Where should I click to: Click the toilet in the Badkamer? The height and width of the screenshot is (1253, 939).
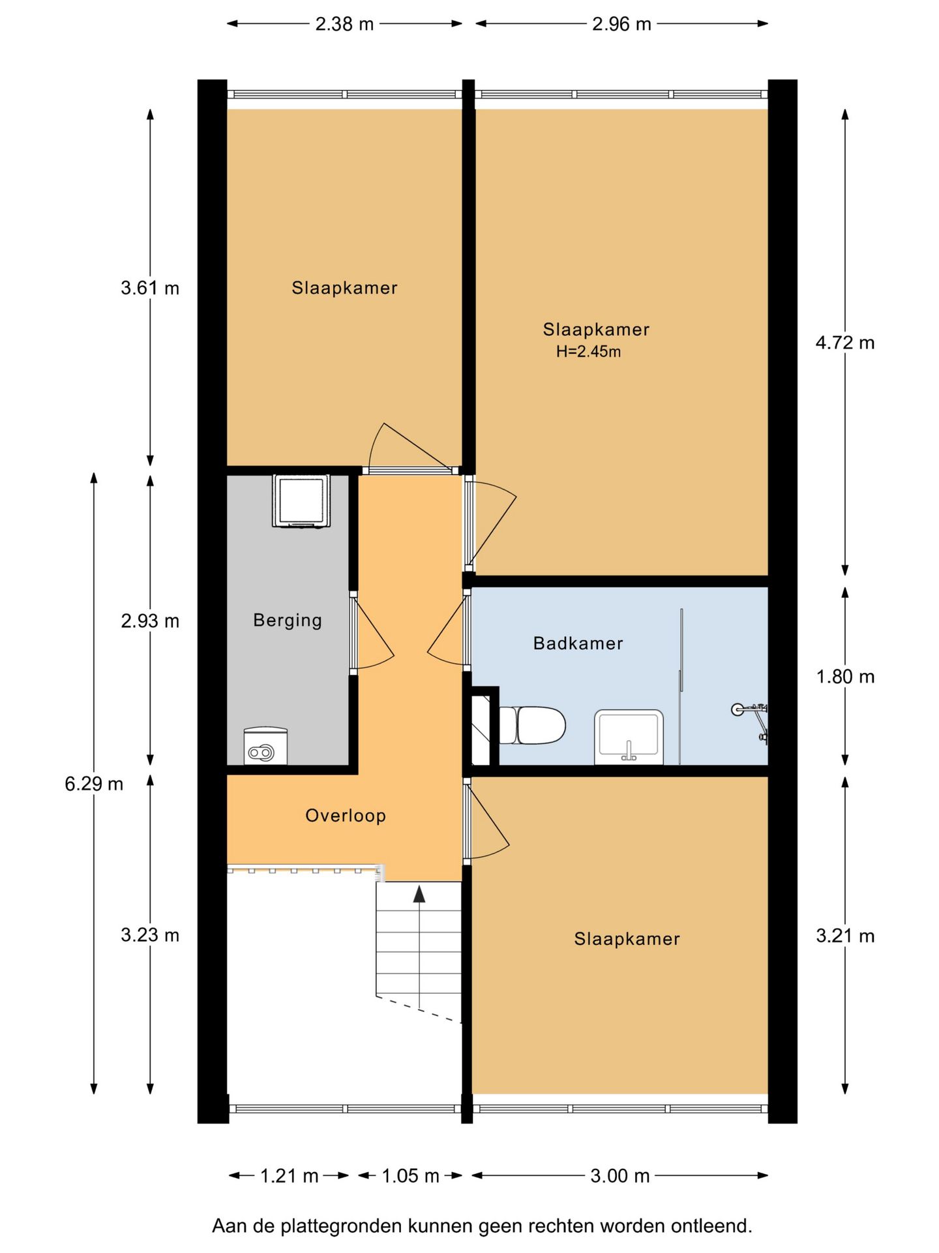[531, 725]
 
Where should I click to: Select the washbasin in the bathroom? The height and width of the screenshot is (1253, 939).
[629, 737]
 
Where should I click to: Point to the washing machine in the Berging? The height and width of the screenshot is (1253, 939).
[301, 501]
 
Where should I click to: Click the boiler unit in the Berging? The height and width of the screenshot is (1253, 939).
[265, 746]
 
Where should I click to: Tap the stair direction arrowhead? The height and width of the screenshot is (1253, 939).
[419, 894]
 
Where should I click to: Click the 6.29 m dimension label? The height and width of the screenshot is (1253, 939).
[94, 784]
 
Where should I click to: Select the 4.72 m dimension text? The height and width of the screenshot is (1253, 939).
[845, 343]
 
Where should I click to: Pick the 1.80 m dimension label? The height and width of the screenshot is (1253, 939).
[845, 677]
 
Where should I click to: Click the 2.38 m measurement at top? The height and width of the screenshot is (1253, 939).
[344, 24]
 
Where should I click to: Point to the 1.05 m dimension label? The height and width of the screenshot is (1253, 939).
[410, 1176]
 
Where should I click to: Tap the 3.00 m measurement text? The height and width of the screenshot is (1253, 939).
[620, 1176]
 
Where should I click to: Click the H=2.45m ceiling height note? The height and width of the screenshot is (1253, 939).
[588, 352]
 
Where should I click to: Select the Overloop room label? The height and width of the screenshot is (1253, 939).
[346, 816]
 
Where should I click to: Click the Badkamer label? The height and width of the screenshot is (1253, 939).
[578, 643]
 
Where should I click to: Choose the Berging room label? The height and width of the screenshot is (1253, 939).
[288, 620]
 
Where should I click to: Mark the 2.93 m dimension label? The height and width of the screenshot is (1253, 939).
[150, 621]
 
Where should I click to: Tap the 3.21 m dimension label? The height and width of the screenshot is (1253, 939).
[845, 936]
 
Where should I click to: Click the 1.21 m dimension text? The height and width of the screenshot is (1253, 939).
[290, 1176]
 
